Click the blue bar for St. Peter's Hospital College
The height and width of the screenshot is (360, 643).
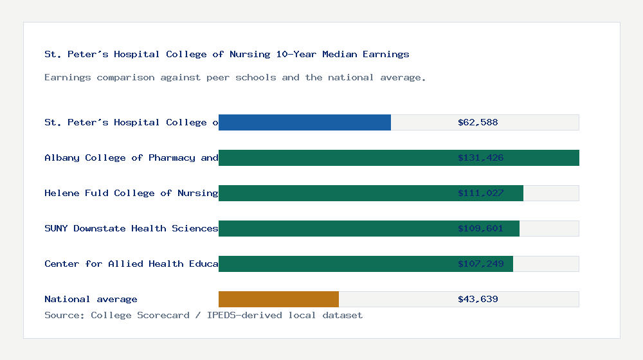(305, 122)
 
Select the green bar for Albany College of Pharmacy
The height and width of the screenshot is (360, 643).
(334, 157)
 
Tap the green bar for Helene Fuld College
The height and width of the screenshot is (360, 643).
(334, 193)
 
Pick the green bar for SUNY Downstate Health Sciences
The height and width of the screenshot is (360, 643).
(334, 228)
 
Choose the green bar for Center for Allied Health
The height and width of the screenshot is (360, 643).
(334, 264)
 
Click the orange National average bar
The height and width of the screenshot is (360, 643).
(278, 299)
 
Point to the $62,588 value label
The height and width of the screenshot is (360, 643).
(478, 122)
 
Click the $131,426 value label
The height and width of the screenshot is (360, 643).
(480, 157)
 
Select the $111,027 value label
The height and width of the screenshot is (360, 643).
(480, 193)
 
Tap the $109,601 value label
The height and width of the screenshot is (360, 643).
(480, 228)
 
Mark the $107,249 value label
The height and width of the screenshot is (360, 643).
(480, 264)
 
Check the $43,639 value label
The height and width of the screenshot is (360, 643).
(478, 299)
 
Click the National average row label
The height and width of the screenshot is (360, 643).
(91, 299)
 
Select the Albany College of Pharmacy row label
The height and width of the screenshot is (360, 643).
(131, 157)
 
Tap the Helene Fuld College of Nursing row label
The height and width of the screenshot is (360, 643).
(131, 193)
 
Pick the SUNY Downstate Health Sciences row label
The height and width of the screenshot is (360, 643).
(131, 228)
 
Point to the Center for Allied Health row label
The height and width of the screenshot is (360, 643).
(131, 264)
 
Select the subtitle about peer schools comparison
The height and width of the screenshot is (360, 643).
(235, 77)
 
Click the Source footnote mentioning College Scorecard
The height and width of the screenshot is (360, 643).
(203, 315)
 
